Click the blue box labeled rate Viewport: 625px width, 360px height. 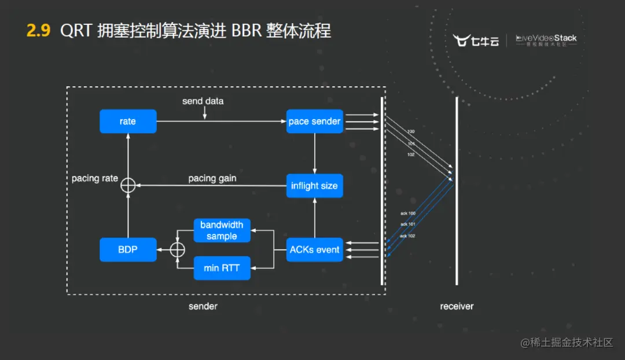pyautogui.click(x=128, y=122)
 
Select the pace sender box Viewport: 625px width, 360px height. pyautogui.click(x=314, y=122)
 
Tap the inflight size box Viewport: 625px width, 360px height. pyautogui.click(x=314, y=186)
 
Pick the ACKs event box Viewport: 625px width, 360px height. pyautogui.click(x=314, y=249)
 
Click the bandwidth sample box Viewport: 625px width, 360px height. pyautogui.click(x=222, y=230)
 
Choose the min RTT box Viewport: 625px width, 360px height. pyautogui.click(x=222, y=268)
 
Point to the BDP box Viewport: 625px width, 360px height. pyautogui.click(x=128, y=249)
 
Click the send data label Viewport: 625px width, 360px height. pyautogui.click(x=203, y=101)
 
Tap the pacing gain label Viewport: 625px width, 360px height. pyautogui.click(x=212, y=178)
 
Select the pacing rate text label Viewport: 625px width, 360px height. pyautogui.click(x=94, y=178)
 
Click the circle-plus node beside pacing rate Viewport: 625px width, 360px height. pyautogui.click(x=127, y=185)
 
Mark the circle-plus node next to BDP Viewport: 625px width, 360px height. pyautogui.click(x=178, y=249)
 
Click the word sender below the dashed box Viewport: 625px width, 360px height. pyautogui.click(x=203, y=306)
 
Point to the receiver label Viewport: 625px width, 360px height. pyautogui.click(x=457, y=306)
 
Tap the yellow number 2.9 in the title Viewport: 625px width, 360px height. pyautogui.click(x=39, y=31)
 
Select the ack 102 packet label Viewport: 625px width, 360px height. pyautogui.click(x=407, y=236)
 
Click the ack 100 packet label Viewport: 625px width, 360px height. pyautogui.click(x=407, y=214)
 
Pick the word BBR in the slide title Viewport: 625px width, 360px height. pyautogui.click(x=247, y=31)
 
